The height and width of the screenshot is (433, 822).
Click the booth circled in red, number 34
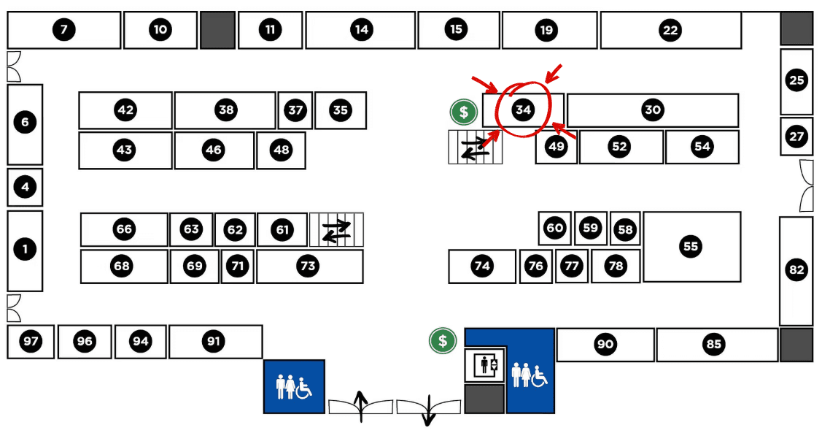[523, 110]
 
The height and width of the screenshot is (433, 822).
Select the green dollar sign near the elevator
[442, 340]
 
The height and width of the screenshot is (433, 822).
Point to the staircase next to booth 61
[336, 230]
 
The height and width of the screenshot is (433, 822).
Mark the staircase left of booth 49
[474, 147]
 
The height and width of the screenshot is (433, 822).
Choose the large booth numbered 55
[691, 246]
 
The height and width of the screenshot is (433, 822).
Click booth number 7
[64, 30]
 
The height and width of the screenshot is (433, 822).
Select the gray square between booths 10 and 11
[217, 30]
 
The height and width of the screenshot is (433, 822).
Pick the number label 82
[796, 270]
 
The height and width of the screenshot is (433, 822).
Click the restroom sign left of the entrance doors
[294, 386]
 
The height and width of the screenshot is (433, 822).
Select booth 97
[31, 341]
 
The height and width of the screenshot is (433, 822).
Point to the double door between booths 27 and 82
[806, 186]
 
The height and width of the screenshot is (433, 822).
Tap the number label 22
[670, 30]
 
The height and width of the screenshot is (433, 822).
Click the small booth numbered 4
[26, 187]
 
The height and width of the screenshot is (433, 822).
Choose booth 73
[309, 266]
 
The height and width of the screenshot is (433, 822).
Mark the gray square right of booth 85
[796, 345]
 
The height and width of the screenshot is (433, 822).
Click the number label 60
[555, 228]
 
